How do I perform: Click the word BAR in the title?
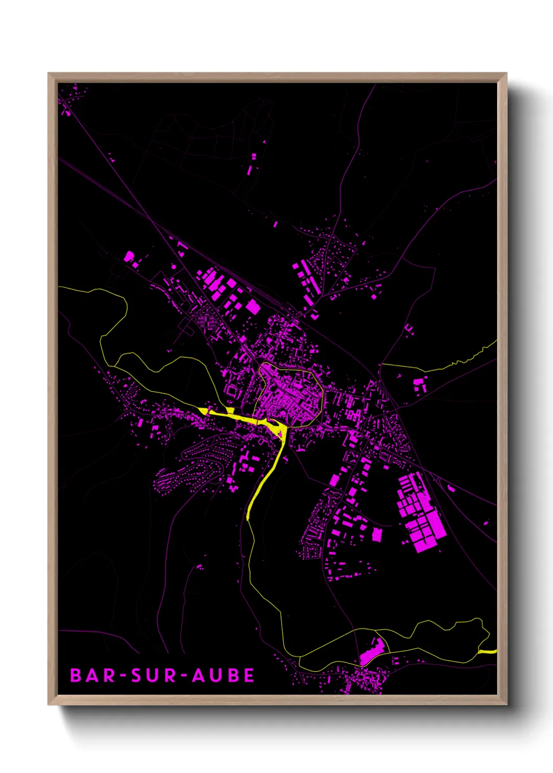(x=93, y=675)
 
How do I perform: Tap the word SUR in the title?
(x=155, y=675)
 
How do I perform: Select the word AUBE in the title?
(x=223, y=675)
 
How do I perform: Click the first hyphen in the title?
(x=123, y=676)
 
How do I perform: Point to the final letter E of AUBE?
(x=249, y=675)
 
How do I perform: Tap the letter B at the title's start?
(x=76, y=675)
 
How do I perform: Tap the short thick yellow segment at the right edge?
(x=488, y=651)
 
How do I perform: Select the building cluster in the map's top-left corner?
(x=68, y=102)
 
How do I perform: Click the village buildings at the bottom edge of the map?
(x=361, y=682)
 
